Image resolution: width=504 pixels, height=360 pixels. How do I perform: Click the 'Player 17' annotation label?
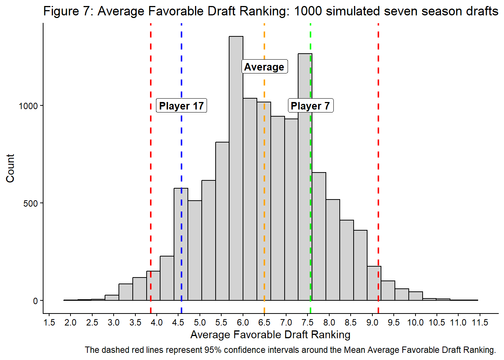point(181,106)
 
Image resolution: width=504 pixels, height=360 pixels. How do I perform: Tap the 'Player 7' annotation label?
point(310,106)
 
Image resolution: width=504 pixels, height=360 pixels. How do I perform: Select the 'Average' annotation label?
point(264,67)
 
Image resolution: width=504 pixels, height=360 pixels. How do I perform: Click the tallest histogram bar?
point(236,169)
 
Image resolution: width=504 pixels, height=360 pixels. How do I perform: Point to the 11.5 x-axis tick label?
point(480,322)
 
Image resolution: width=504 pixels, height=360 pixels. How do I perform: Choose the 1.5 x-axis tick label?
point(49,322)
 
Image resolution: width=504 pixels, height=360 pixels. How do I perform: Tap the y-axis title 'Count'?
point(10,168)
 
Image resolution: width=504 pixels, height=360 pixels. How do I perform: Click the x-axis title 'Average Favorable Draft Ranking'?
point(270,334)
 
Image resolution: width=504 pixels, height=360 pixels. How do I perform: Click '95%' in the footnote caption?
point(213,350)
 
